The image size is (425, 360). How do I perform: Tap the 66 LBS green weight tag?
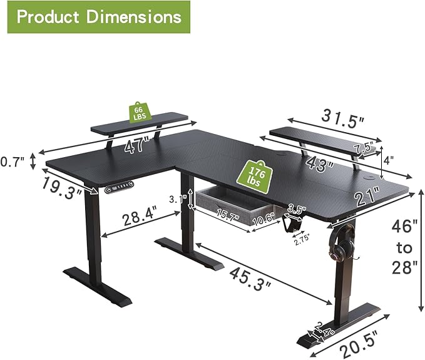click(138, 113)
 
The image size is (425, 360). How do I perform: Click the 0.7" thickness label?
click(13, 162)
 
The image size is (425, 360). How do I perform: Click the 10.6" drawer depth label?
click(263, 219)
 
